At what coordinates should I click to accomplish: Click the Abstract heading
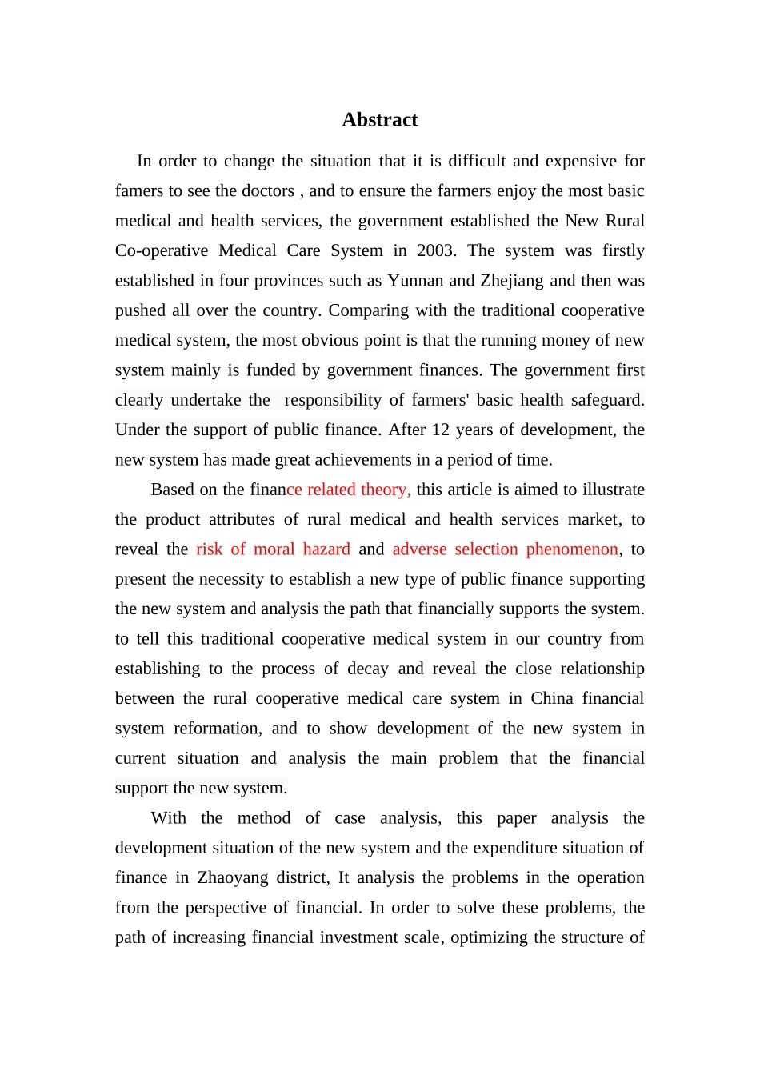[380, 120]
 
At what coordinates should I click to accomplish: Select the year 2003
[435, 250]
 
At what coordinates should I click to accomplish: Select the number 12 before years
[441, 430]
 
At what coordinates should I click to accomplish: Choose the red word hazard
[326, 549]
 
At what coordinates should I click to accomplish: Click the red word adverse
[419, 549]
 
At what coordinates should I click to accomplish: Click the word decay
[368, 669]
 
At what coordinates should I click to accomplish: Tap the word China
[552, 698]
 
